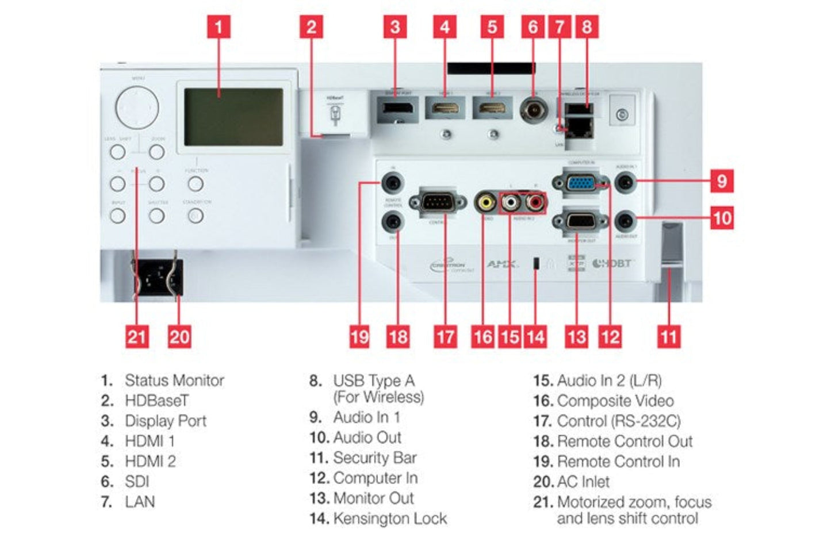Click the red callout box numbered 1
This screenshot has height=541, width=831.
pos(219,27)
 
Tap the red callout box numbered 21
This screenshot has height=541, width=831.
pos(137,336)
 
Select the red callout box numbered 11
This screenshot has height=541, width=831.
pos(668,336)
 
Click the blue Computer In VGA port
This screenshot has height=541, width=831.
pos(580,183)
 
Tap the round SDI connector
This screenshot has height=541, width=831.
pos(533,109)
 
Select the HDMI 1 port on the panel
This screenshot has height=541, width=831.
pos(445,108)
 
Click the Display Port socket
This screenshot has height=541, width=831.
pos(397,108)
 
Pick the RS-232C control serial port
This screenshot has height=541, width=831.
pos(438,202)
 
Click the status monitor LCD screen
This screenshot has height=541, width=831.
pos(233,117)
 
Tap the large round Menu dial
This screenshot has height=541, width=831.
pos(137,108)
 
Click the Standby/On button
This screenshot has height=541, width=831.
pos(196,216)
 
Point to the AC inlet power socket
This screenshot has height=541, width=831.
pos(158,279)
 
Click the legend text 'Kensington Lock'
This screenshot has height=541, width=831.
pos(389,519)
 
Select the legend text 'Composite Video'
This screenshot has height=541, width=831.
pos(615,401)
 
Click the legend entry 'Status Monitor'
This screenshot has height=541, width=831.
pos(174,381)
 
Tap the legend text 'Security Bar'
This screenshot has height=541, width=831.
pos(374,458)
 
